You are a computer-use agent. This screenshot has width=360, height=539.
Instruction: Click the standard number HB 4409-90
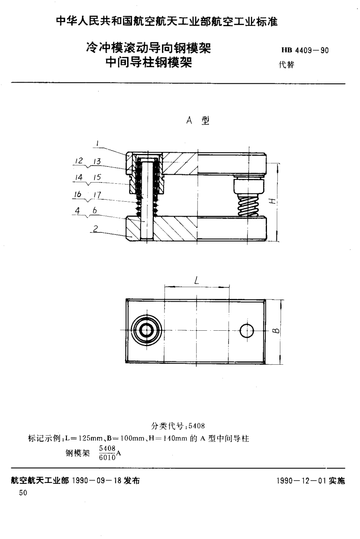[x=305, y=51]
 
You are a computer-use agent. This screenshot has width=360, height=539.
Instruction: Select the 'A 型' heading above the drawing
[x=198, y=121]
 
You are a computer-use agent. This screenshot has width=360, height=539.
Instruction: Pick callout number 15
[x=96, y=177]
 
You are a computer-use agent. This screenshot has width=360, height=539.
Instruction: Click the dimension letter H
[x=272, y=201]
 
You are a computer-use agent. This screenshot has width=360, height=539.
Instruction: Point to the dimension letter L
[x=196, y=280]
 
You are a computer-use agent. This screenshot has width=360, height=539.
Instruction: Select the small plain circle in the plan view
[x=247, y=331]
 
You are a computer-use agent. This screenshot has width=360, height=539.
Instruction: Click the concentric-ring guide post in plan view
[x=146, y=331]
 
